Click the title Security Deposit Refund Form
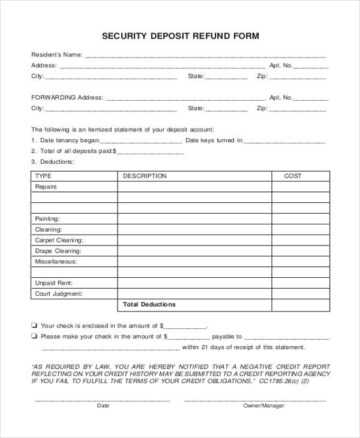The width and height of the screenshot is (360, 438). click(x=180, y=36)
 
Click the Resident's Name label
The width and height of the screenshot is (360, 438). click(x=56, y=55)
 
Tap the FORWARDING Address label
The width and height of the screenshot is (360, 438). click(x=67, y=97)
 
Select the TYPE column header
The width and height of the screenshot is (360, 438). click(x=43, y=176)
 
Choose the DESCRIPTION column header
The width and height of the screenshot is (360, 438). click(x=145, y=176)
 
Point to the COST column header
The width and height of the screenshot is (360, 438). click(x=293, y=176)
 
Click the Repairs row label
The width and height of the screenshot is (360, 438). click(x=46, y=187)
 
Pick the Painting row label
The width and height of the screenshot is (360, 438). click(x=47, y=219)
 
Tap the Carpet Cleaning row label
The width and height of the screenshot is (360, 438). click(x=56, y=240)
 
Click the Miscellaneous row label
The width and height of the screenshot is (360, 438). click(x=56, y=262)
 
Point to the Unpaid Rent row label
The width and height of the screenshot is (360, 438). click(x=53, y=283)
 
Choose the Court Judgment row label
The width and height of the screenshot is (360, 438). click(x=58, y=294)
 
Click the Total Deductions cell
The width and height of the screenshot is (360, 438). click(x=149, y=304)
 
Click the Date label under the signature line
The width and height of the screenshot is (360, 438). click(x=103, y=406)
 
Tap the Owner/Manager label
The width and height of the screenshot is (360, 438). click(x=263, y=406)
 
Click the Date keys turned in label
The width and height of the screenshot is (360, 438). click(x=214, y=140)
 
